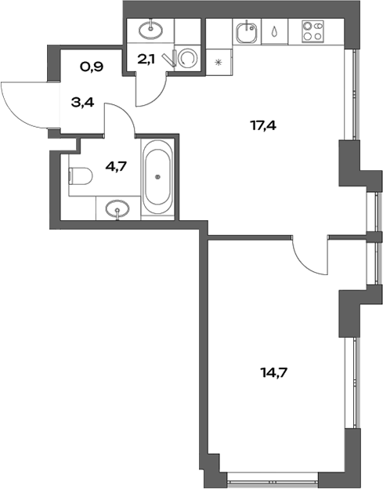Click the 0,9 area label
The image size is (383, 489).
point(92,67)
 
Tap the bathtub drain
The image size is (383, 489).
point(159,176)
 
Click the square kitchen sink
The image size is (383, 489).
point(245,34)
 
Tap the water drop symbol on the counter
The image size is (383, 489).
point(275,34)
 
